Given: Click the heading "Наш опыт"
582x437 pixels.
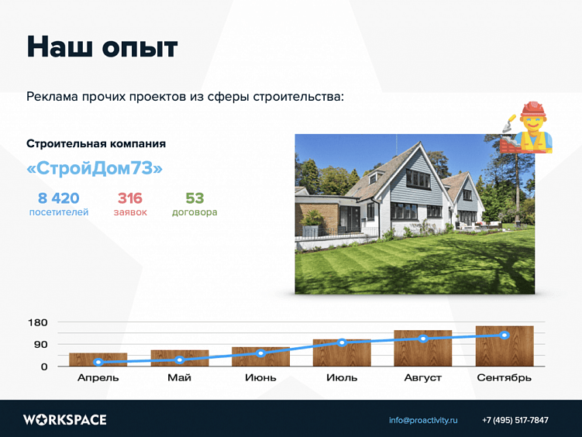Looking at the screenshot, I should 102,47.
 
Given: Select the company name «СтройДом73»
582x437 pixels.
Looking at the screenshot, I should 95,169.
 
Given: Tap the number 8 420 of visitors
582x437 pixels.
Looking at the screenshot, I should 59,198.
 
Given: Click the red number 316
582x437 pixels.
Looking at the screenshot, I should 130,198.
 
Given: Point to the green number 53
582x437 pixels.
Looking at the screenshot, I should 195,198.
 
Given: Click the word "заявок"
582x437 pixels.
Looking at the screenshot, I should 130,212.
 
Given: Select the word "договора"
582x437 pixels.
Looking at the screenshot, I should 195,212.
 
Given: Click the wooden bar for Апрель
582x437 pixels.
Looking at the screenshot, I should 98,360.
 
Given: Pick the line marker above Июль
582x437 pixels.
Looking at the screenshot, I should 342,342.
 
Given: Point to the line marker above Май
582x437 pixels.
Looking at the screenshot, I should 180,360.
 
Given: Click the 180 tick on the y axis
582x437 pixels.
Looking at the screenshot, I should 38,322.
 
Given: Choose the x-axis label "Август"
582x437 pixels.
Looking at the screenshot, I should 423,378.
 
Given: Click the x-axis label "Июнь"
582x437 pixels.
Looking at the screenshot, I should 260,378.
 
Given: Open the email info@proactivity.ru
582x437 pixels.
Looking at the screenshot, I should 423,420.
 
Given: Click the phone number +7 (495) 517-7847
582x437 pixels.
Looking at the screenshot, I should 515,420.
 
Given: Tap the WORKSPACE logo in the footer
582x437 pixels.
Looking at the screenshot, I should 65,420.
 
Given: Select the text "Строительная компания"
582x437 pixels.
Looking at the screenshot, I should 96,144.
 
